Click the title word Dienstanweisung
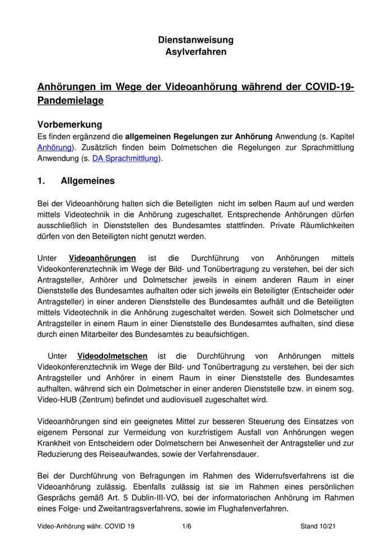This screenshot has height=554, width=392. coord(195,40)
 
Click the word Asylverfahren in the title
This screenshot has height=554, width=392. coord(195,52)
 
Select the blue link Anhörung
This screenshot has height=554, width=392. coord(54,148)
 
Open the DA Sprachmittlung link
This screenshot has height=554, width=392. coord(125,159)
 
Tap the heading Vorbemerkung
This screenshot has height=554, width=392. coord(69,124)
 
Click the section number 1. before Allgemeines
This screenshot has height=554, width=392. coord(41,181)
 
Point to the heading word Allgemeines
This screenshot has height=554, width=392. coord(87,181)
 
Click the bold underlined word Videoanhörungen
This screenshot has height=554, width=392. coord(102,259)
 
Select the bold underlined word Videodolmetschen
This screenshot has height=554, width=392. coord(113,356)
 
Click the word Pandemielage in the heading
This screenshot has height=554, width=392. coord(70,101)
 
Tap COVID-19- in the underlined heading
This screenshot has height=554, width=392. coord(330,87)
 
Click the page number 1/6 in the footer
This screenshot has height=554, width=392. coord(187,527)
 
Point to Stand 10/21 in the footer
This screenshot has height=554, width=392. coord(318,527)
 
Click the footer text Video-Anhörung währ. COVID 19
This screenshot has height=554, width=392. coord(86,527)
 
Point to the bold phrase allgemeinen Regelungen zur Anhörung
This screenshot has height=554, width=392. coord(199,137)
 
